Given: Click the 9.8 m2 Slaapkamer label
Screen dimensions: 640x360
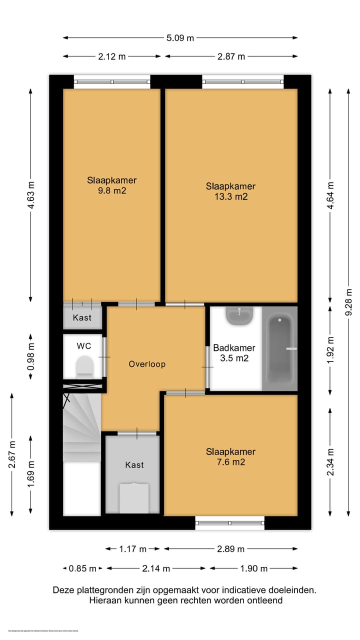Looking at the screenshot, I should [111, 185].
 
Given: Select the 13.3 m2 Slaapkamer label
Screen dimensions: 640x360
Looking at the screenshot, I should [230, 191].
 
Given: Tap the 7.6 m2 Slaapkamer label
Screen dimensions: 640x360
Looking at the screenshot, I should [230, 457].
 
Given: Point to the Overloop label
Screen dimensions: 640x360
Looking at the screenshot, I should [147, 364].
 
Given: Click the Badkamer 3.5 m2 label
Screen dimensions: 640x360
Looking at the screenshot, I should [234, 353].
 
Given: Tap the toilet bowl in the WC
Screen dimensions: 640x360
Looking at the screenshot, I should [84, 366].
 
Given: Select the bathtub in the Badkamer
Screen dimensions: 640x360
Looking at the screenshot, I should [279, 348].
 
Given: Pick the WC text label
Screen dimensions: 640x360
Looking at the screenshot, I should [83, 345].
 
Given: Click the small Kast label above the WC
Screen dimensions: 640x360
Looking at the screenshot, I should [82, 317].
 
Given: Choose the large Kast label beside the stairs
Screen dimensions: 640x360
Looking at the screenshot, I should [134, 465].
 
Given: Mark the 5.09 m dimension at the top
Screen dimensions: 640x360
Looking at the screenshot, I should [180, 37].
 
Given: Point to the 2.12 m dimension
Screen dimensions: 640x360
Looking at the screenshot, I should [112, 56].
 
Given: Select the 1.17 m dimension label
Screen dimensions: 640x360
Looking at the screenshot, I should [133, 549].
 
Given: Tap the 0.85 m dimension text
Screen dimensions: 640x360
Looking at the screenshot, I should [82, 568].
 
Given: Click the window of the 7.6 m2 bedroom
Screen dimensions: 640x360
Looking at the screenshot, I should [229, 523].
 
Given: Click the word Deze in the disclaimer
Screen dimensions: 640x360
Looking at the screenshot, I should [63, 590].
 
